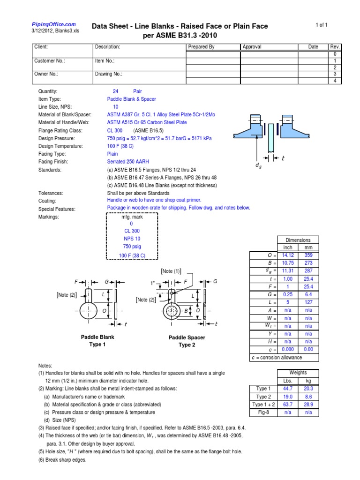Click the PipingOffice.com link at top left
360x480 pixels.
[53, 24]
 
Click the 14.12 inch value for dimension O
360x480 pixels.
[287, 255]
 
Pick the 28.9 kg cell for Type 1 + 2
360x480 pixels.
[308, 404]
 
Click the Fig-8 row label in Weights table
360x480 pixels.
[263, 412]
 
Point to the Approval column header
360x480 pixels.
[252, 47]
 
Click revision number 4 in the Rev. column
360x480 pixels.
[335, 81]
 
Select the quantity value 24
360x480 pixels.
[115, 91]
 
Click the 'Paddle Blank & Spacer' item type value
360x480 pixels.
[131, 99]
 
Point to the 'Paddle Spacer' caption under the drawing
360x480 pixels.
[187, 337]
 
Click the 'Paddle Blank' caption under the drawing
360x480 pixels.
[97, 337]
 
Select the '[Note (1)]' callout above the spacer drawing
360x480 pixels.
[171, 271]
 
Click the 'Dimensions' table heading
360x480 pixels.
[298, 240]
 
